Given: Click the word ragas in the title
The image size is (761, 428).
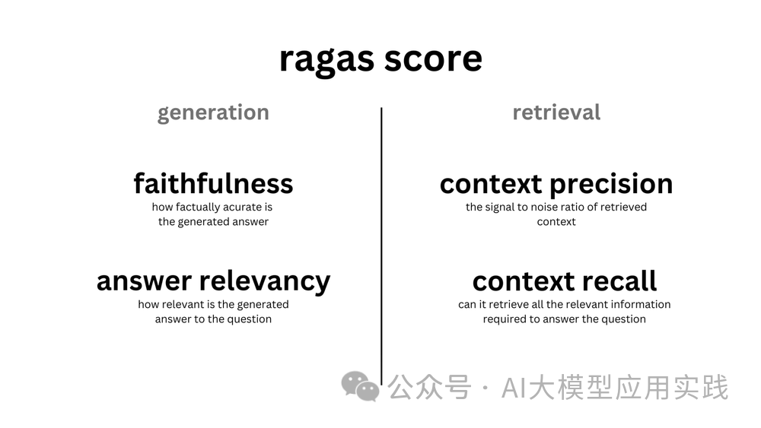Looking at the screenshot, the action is coord(326,61).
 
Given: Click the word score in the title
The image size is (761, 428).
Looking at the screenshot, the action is coord(434,59).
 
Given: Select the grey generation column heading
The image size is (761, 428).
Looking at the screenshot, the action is coord(213,113).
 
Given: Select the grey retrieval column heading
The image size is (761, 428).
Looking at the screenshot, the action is coord(556,112).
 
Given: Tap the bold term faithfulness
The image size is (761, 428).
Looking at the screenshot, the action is coord(214,183).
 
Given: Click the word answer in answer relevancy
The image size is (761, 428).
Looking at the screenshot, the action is coord(144,281).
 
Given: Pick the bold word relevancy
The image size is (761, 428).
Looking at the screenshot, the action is coord(265,282).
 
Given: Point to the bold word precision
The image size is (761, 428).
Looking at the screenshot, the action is coord(612,184).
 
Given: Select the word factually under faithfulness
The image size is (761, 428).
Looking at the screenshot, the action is coord(198,208).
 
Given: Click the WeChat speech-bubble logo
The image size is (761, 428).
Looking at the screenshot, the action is coord(360,386).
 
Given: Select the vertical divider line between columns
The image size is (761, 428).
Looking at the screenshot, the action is coord(381,246).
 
